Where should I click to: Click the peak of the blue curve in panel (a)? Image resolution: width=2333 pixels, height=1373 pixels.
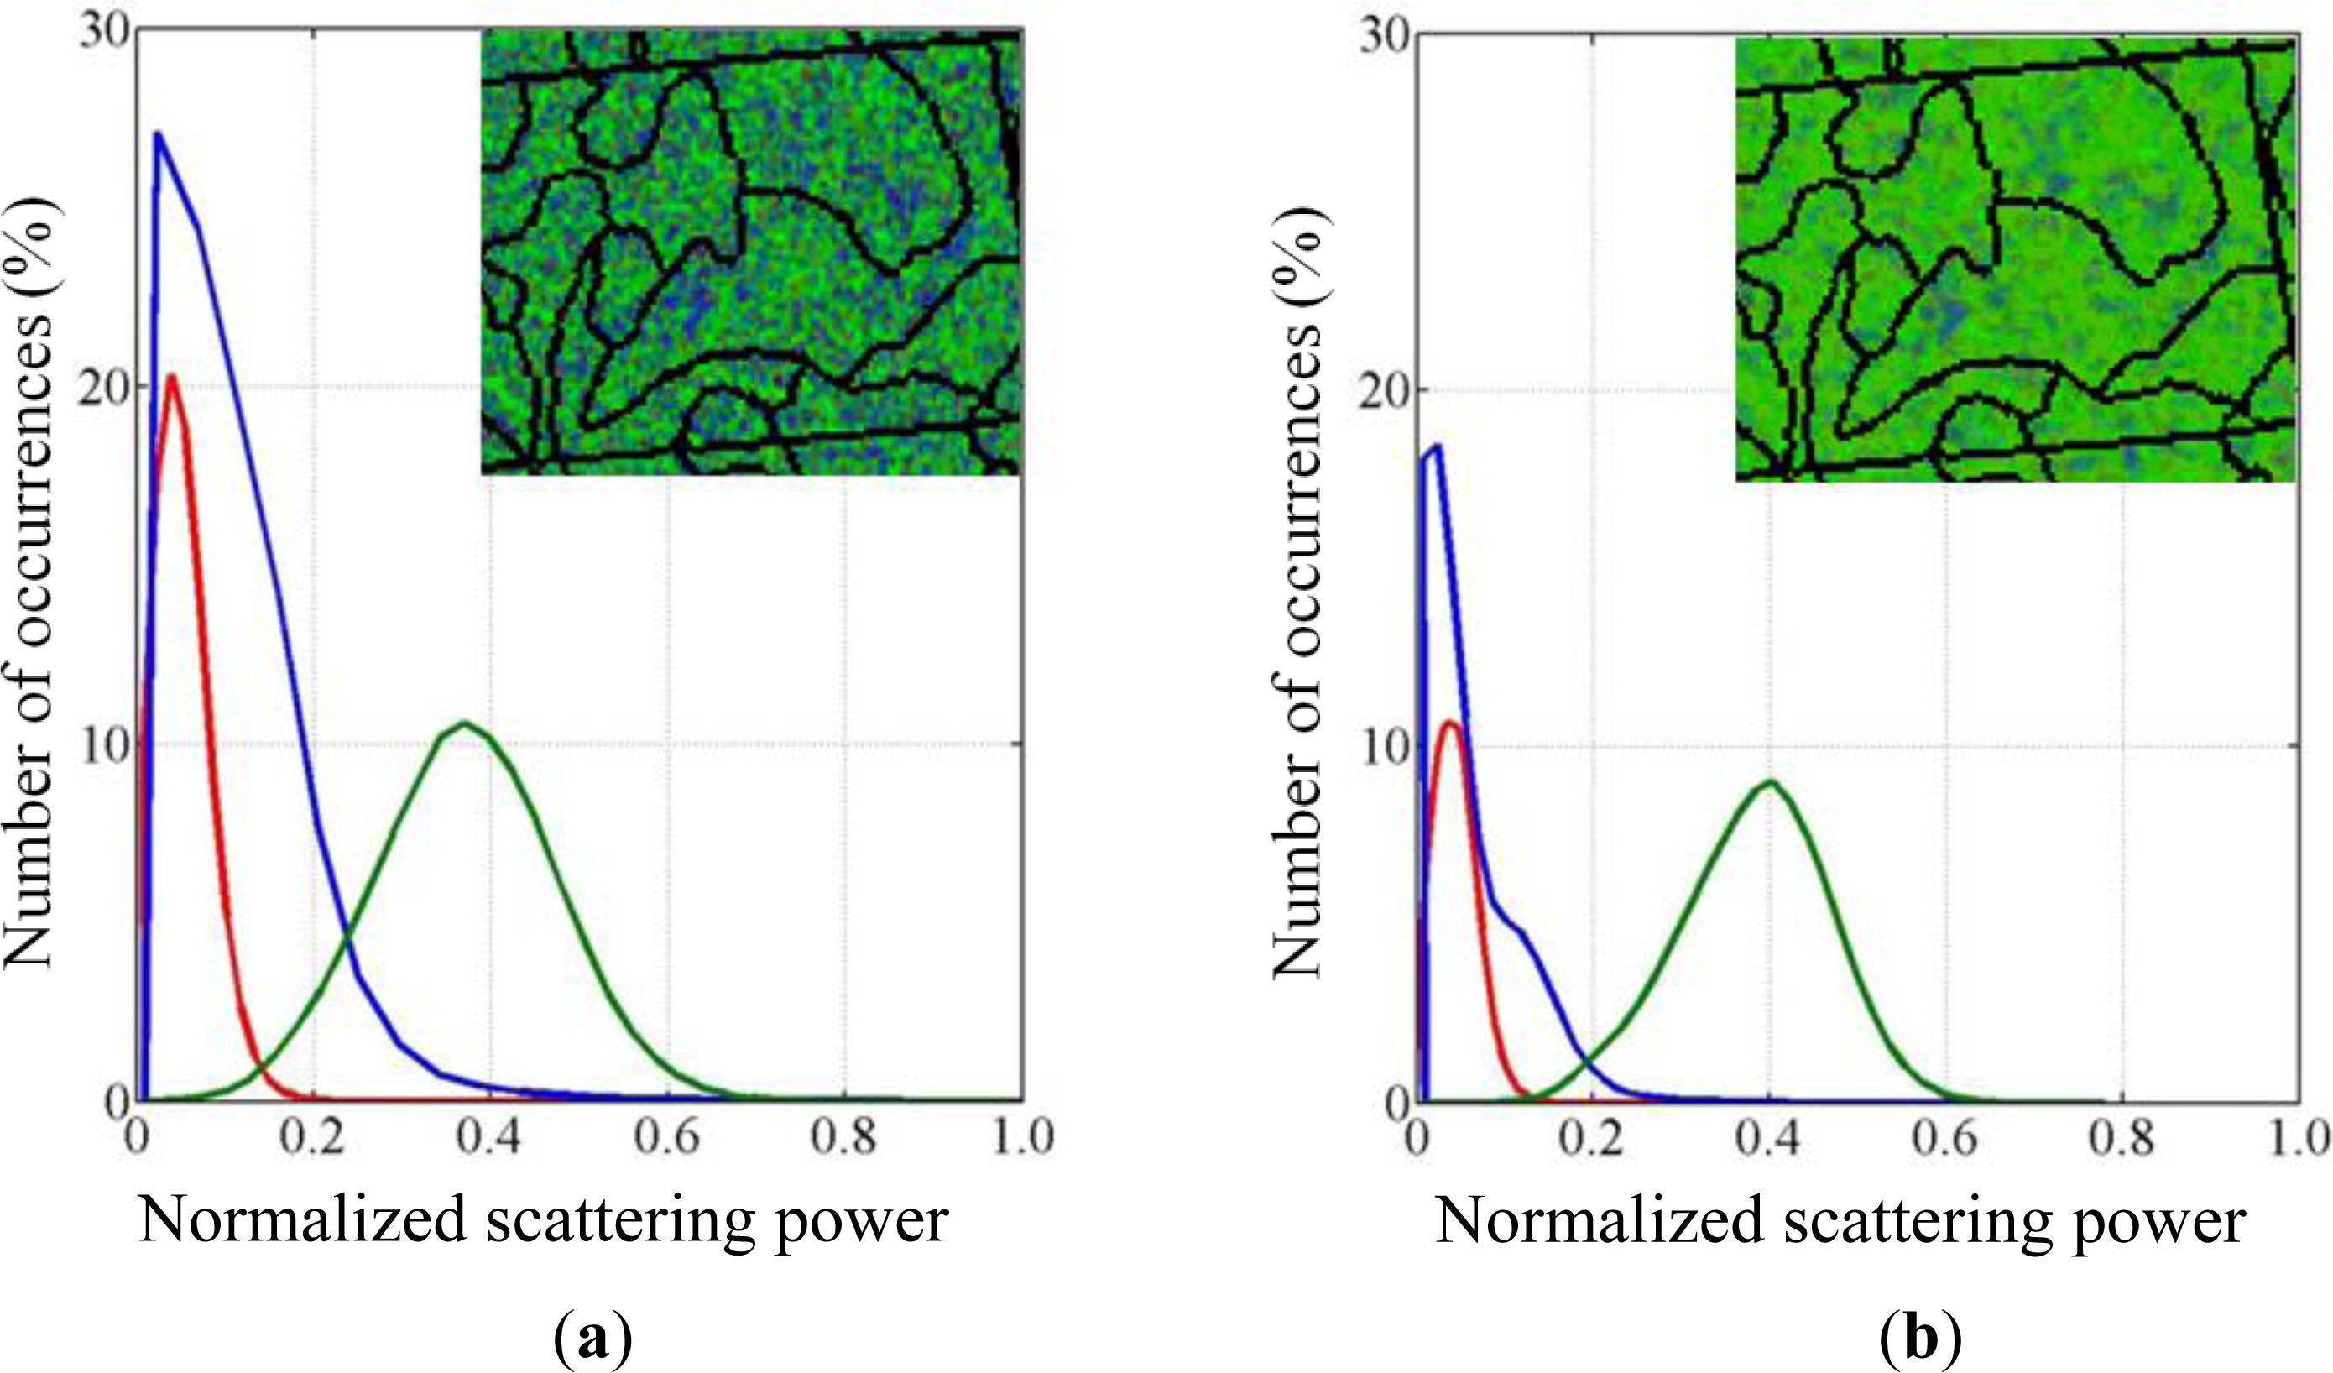pyautogui.click(x=159, y=134)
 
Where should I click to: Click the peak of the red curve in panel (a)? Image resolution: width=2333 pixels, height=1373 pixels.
pyautogui.click(x=171, y=376)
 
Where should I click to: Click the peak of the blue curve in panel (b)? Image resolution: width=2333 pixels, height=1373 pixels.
pyautogui.click(x=1438, y=447)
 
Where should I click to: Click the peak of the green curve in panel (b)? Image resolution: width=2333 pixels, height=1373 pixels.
pyautogui.click(x=1769, y=781)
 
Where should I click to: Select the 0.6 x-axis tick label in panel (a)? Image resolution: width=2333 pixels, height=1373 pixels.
pyautogui.click(x=666, y=1137)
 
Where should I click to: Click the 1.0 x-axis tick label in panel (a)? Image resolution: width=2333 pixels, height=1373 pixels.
pyautogui.click(x=1022, y=1137)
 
